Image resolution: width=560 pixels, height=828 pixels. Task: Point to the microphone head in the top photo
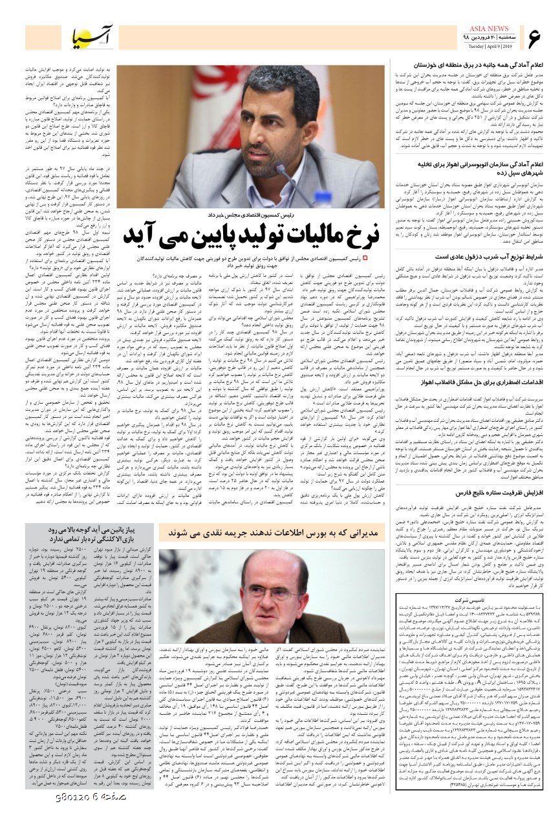(x=279, y=169)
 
